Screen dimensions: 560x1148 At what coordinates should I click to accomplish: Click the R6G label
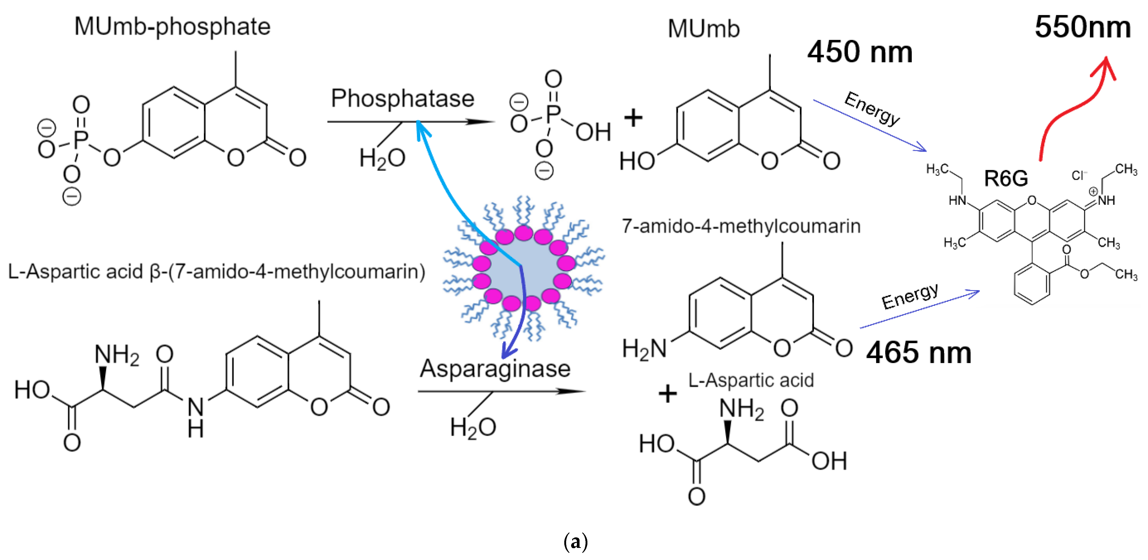(1006, 179)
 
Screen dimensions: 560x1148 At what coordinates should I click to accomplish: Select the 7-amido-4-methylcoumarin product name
(741, 226)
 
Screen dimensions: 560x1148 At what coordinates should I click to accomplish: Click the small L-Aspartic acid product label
(751, 380)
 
